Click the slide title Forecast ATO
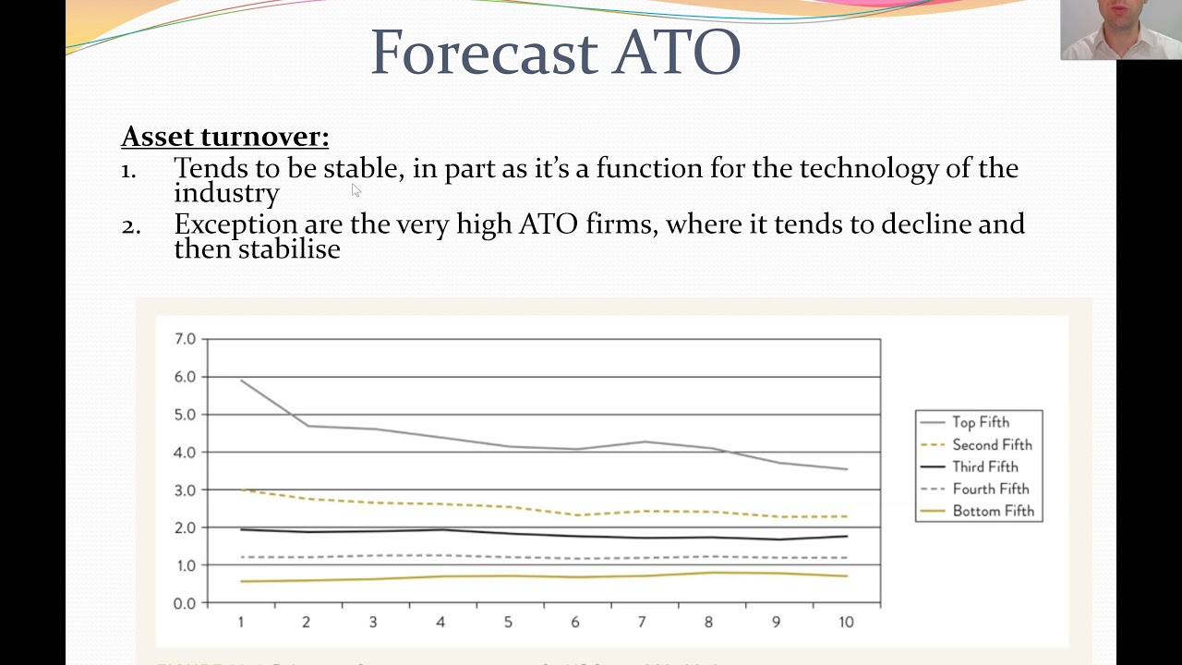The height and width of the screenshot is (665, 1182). click(555, 53)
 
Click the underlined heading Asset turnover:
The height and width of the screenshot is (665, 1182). click(224, 137)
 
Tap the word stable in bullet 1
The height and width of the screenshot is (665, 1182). click(361, 168)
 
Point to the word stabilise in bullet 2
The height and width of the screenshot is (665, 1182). click(289, 248)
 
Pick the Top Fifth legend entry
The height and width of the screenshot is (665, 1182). click(981, 422)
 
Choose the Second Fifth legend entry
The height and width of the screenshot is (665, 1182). click(992, 444)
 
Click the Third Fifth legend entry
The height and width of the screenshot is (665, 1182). click(985, 466)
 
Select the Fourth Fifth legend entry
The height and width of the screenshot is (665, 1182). click(990, 489)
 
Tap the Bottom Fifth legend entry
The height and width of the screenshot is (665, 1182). click(993, 511)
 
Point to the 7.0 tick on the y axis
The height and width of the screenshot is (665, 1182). click(185, 339)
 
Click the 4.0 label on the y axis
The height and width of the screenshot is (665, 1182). click(185, 453)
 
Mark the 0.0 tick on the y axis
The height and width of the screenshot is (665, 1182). click(185, 603)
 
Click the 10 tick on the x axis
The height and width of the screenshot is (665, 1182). click(846, 623)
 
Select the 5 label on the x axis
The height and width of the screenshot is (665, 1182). click(508, 623)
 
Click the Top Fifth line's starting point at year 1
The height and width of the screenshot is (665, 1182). click(241, 380)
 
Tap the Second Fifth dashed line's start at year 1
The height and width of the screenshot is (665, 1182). click(241, 490)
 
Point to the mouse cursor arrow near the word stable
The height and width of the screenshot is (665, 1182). click(356, 189)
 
